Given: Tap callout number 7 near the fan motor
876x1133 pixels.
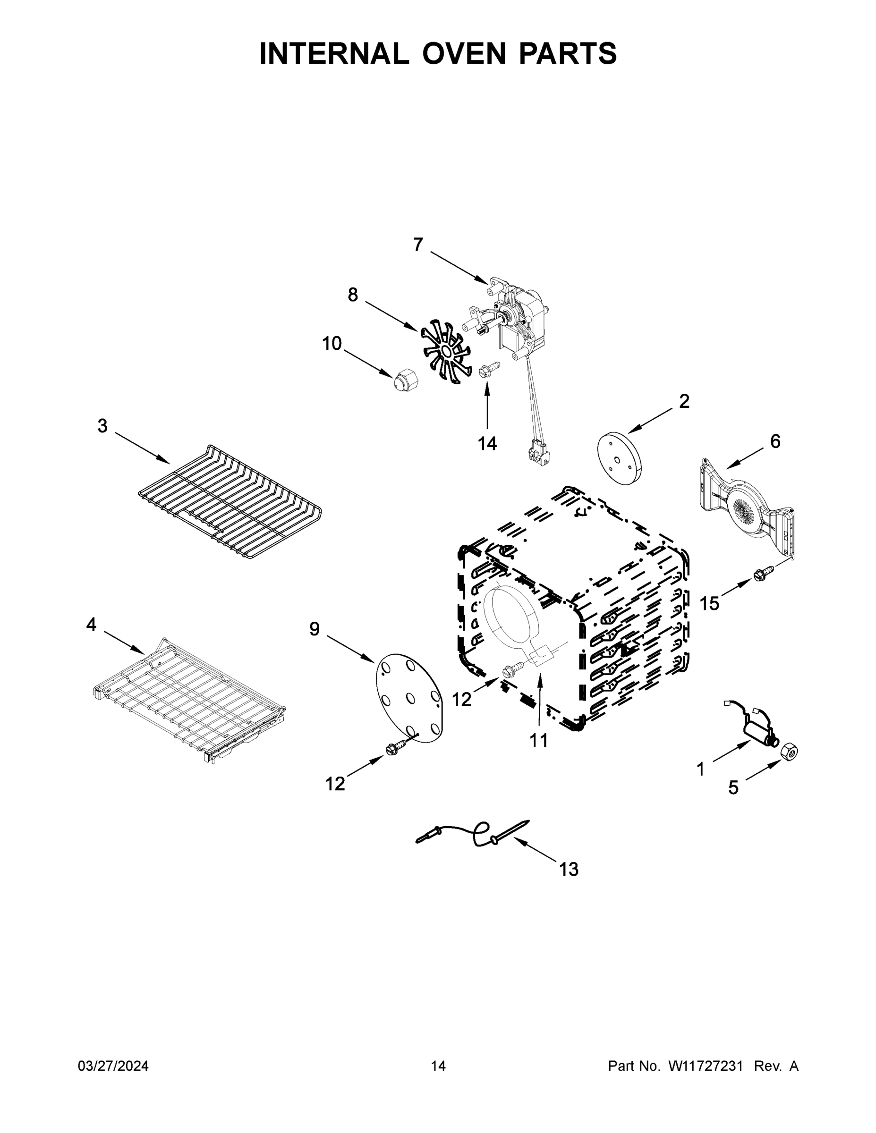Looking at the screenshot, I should [x=418, y=245].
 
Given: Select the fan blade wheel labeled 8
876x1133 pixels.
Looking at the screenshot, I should [x=445, y=352].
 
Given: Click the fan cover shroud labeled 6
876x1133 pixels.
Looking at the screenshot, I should [x=746, y=509].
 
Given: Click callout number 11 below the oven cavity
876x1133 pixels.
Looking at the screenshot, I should [x=539, y=740].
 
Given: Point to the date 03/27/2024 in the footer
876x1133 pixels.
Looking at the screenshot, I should [x=113, y=1065].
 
